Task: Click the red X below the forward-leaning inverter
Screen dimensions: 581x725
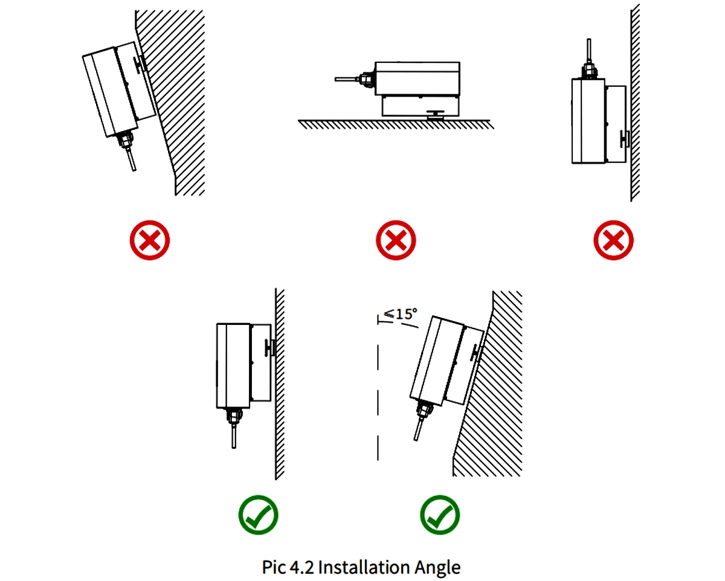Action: point(150,240)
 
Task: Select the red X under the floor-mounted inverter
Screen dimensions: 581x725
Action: point(396,240)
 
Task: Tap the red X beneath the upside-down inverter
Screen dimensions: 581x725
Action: point(614,240)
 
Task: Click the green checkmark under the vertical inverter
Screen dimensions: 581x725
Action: point(258,515)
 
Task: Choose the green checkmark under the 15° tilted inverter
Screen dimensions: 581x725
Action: point(440,515)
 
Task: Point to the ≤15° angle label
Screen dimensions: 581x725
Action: point(401,314)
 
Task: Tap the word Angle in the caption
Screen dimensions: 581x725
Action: point(437,567)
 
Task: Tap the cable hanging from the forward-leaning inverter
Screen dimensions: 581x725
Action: point(131,160)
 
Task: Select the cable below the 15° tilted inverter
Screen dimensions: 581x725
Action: point(417,430)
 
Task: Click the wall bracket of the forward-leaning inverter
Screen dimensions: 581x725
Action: point(141,63)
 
